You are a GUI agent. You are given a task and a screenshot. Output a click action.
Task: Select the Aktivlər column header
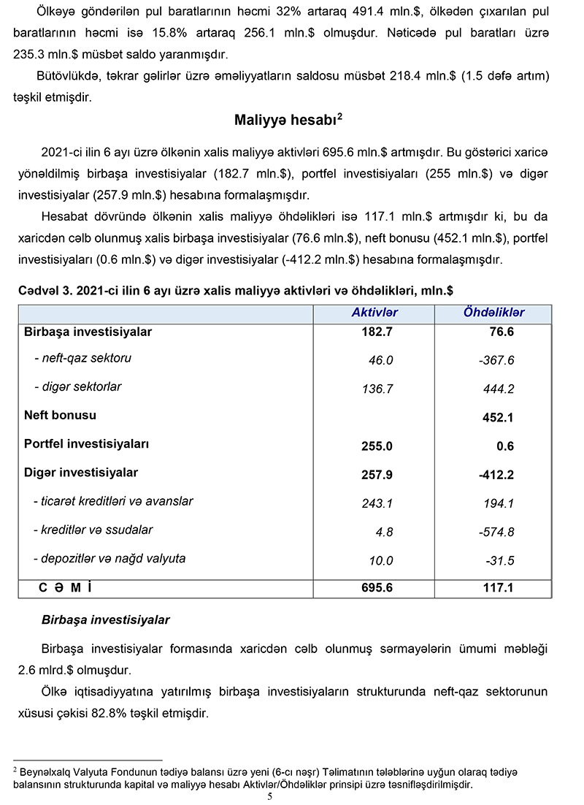(x=374, y=313)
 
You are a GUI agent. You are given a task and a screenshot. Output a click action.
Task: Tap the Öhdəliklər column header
(x=494, y=313)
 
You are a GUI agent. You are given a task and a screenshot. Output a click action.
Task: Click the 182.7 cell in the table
(x=377, y=332)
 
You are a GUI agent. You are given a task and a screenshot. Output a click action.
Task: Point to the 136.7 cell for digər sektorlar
(x=377, y=389)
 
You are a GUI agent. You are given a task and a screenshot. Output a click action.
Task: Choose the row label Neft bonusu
(x=60, y=415)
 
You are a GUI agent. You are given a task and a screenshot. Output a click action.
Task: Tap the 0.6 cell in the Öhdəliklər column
(x=505, y=446)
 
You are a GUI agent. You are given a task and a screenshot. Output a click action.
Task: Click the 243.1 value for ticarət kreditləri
(x=377, y=503)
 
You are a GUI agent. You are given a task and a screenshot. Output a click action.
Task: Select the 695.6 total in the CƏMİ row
(x=377, y=588)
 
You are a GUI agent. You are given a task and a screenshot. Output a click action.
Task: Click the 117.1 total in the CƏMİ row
(x=499, y=588)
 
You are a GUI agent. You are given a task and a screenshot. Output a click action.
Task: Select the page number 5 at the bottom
(x=269, y=796)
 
